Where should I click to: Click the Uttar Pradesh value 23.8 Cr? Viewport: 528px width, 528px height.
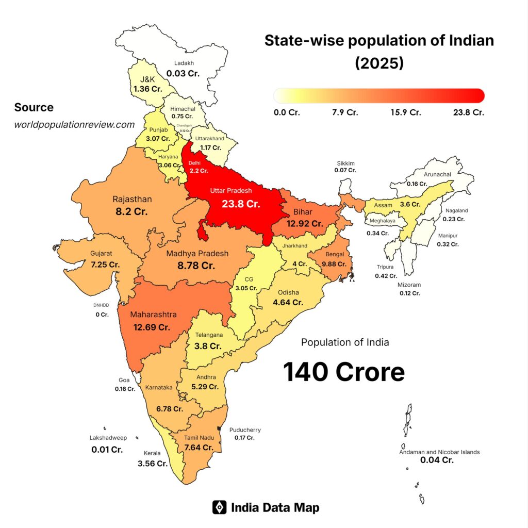click(x=241, y=204)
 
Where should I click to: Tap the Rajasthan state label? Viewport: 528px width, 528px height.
click(x=132, y=199)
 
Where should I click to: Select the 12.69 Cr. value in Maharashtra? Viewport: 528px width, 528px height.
click(x=150, y=327)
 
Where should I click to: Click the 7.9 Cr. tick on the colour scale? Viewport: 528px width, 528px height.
click(x=345, y=112)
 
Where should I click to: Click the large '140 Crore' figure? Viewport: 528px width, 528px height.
click(x=344, y=372)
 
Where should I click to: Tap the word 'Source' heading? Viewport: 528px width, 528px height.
click(x=34, y=107)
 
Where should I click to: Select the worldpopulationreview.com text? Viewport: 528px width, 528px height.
click(x=74, y=124)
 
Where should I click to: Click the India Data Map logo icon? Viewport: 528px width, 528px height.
click(x=220, y=507)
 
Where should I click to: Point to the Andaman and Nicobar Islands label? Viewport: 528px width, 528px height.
click(x=439, y=452)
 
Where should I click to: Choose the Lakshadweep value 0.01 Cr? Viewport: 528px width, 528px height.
click(x=107, y=450)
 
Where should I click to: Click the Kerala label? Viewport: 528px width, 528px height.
click(x=153, y=453)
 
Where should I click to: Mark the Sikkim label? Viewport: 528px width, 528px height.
click(x=345, y=163)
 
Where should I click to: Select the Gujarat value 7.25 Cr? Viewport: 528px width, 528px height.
click(x=105, y=264)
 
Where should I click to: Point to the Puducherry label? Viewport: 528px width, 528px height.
click(x=245, y=430)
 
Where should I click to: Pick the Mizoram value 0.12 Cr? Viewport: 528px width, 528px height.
click(x=410, y=293)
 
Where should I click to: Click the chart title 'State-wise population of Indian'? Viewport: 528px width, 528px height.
click(x=379, y=41)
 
